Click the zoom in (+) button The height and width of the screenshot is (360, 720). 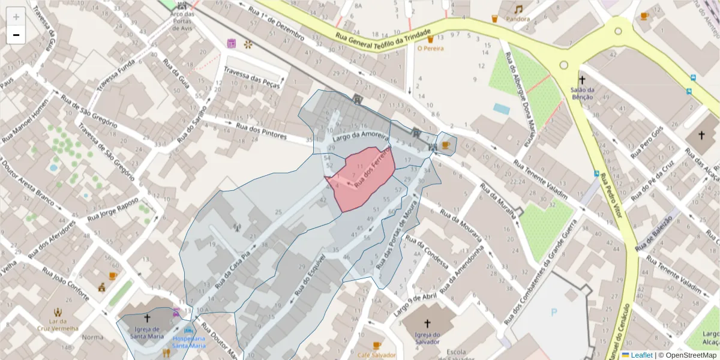click(x=16, y=17)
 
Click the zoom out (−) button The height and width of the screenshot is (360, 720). click(x=16, y=35)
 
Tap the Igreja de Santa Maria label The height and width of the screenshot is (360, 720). click(x=147, y=332)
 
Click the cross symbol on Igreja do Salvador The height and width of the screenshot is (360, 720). click(x=427, y=324)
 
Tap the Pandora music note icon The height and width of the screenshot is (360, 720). click(x=518, y=9)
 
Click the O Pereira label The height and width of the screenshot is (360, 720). click(x=430, y=48)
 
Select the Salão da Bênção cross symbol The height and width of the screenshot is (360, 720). click(x=581, y=79)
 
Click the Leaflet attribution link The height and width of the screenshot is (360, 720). click(x=641, y=355)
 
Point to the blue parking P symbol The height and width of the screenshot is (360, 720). click(x=554, y=312)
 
